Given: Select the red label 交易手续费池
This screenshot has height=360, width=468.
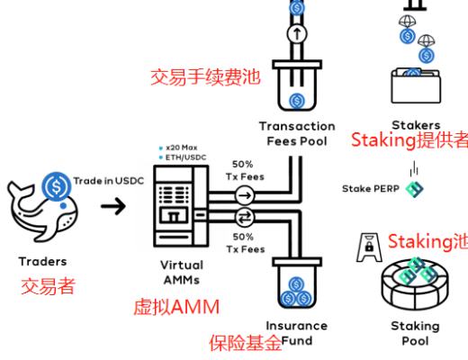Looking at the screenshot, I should coord(204,78).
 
